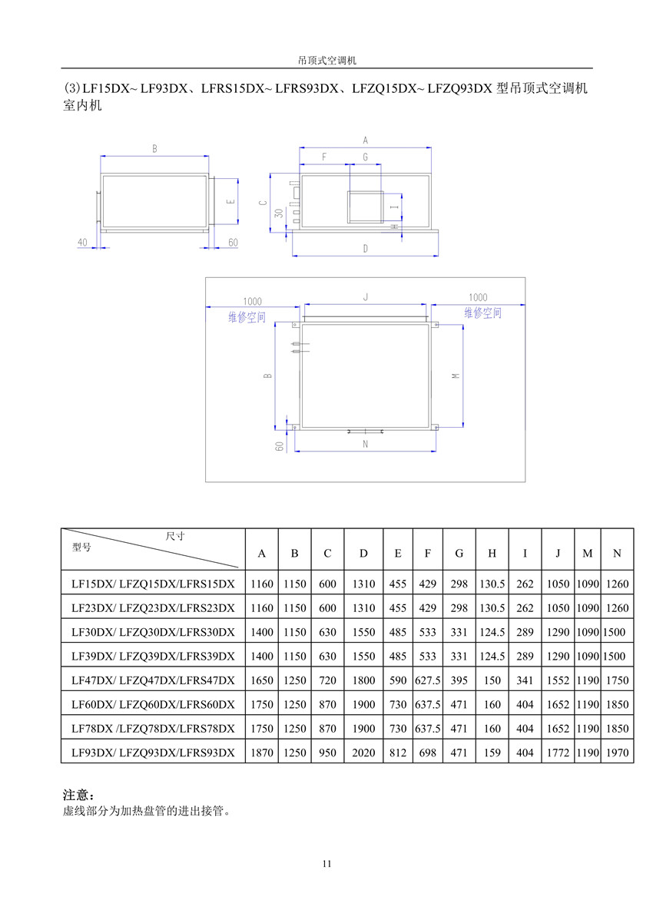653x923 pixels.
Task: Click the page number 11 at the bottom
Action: (x=326, y=864)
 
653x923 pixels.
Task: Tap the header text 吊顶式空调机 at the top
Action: (x=326, y=59)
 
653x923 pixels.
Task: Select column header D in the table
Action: (x=363, y=554)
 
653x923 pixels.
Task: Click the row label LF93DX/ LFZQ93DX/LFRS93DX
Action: (x=153, y=753)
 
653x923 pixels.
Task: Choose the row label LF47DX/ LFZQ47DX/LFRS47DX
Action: (x=153, y=680)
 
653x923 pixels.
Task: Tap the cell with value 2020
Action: (x=363, y=753)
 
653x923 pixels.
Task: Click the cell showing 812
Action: (x=397, y=753)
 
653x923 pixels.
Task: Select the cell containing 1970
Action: (x=617, y=753)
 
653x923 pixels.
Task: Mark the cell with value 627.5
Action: (x=428, y=680)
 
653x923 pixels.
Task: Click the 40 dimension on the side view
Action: (x=82, y=243)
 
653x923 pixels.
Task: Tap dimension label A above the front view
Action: (x=366, y=141)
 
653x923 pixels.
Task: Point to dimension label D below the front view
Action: (x=366, y=249)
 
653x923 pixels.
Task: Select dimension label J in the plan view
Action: (x=366, y=296)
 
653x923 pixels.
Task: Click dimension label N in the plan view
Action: (x=365, y=444)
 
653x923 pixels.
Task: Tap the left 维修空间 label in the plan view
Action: (x=247, y=317)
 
